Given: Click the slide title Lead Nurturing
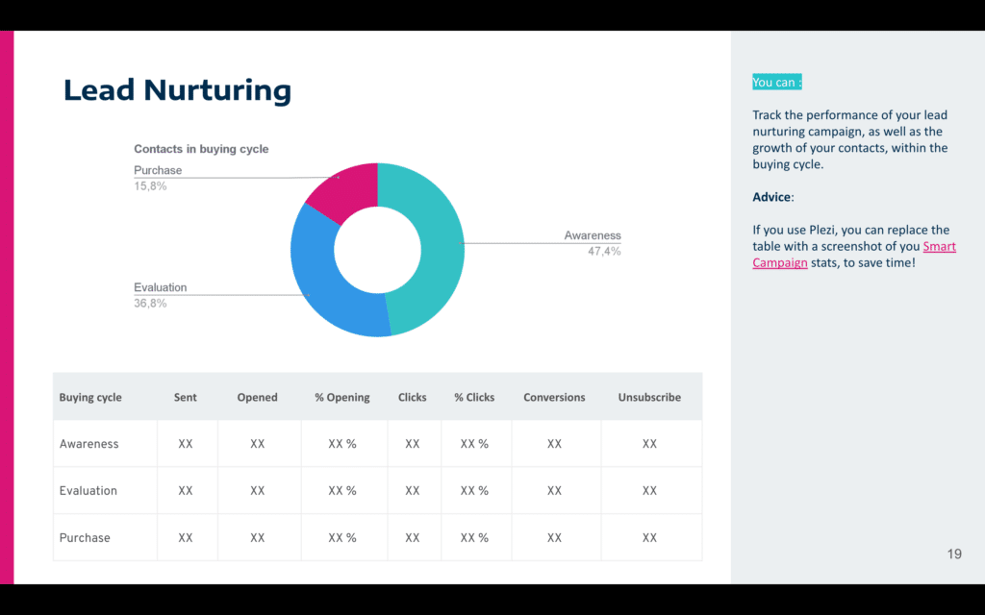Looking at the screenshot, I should tap(177, 90).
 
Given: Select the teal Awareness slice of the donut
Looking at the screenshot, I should tap(433, 240).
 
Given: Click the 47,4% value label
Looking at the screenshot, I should tap(604, 252).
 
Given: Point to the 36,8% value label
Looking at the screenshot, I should tap(150, 304).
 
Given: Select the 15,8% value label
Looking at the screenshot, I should tap(150, 186).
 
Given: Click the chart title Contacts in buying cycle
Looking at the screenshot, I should tap(201, 149).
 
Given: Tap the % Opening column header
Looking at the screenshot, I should tap(341, 397).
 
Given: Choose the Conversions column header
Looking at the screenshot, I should tap(554, 397).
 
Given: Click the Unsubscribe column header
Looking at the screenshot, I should tap(649, 397).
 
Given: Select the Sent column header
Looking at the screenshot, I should tap(186, 397).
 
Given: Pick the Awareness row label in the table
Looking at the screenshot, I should tap(89, 444).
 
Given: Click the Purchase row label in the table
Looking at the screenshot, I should tap(85, 538).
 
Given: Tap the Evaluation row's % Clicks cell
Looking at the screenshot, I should tap(474, 491).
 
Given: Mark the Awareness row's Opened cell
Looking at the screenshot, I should tap(257, 444).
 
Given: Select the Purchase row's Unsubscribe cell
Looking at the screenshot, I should tap(649, 538).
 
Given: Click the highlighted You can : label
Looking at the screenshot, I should tap(777, 83).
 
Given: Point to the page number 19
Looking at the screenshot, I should tap(954, 554).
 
